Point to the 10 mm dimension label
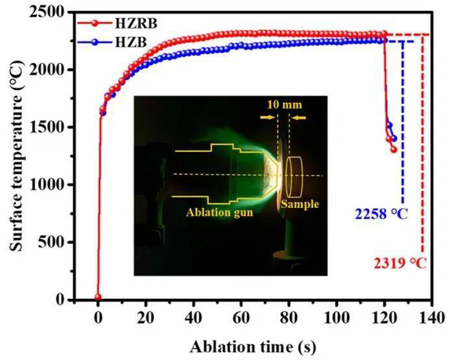(284, 104)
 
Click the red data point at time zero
(98, 297)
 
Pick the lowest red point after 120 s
(393, 149)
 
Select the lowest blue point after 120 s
(394, 138)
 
